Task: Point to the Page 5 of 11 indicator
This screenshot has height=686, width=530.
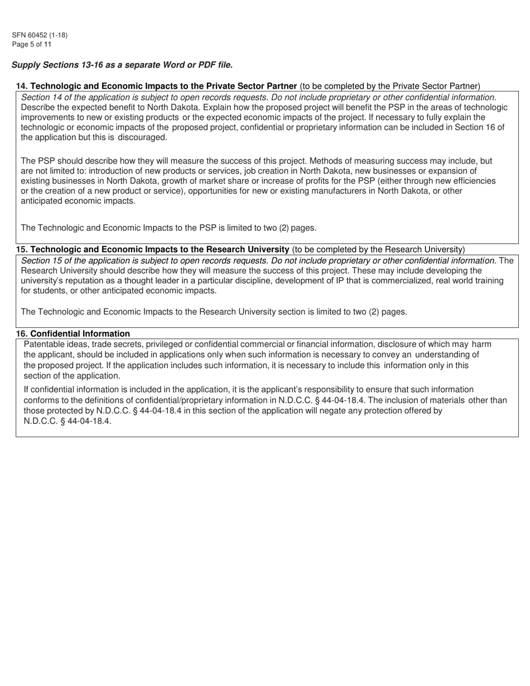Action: point(32,44)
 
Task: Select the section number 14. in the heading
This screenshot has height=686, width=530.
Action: point(22,86)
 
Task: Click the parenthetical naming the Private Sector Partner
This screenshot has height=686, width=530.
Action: point(389,86)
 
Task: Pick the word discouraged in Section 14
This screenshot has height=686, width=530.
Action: point(142,137)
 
